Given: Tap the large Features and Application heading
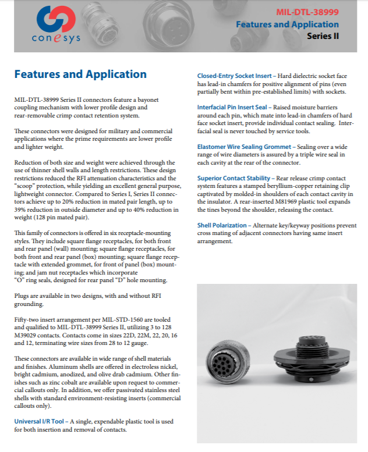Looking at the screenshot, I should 80,74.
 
